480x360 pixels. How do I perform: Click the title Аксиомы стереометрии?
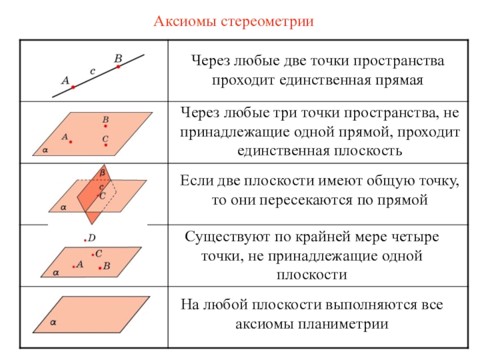pyautogui.click(x=235, y=22)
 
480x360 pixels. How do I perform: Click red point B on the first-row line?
pyautogui.click(x=118, y=67)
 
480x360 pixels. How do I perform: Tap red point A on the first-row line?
pyautogui.click(x=73, y=87)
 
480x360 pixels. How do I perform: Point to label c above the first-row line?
pyautogui.click(x=92, y=71)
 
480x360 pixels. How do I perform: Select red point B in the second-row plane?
pyautogui.click(x=106, y=126)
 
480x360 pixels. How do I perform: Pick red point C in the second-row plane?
pyautogui.click(x=105, y=144)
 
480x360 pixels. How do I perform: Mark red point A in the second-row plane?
pyautogui.click(x=71, y=142)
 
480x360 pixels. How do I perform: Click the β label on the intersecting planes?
pyautogui.click(x=102, y=172)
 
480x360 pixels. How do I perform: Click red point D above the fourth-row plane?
pyautogui.click(x=85, y=241)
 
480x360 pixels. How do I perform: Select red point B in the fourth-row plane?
pyautogui.click(x=100, y=266)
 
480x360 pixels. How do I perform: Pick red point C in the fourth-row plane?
pyautogui.click(x=93, y=254)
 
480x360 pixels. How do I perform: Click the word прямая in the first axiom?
pyautogui.click(x=403, y=80)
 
